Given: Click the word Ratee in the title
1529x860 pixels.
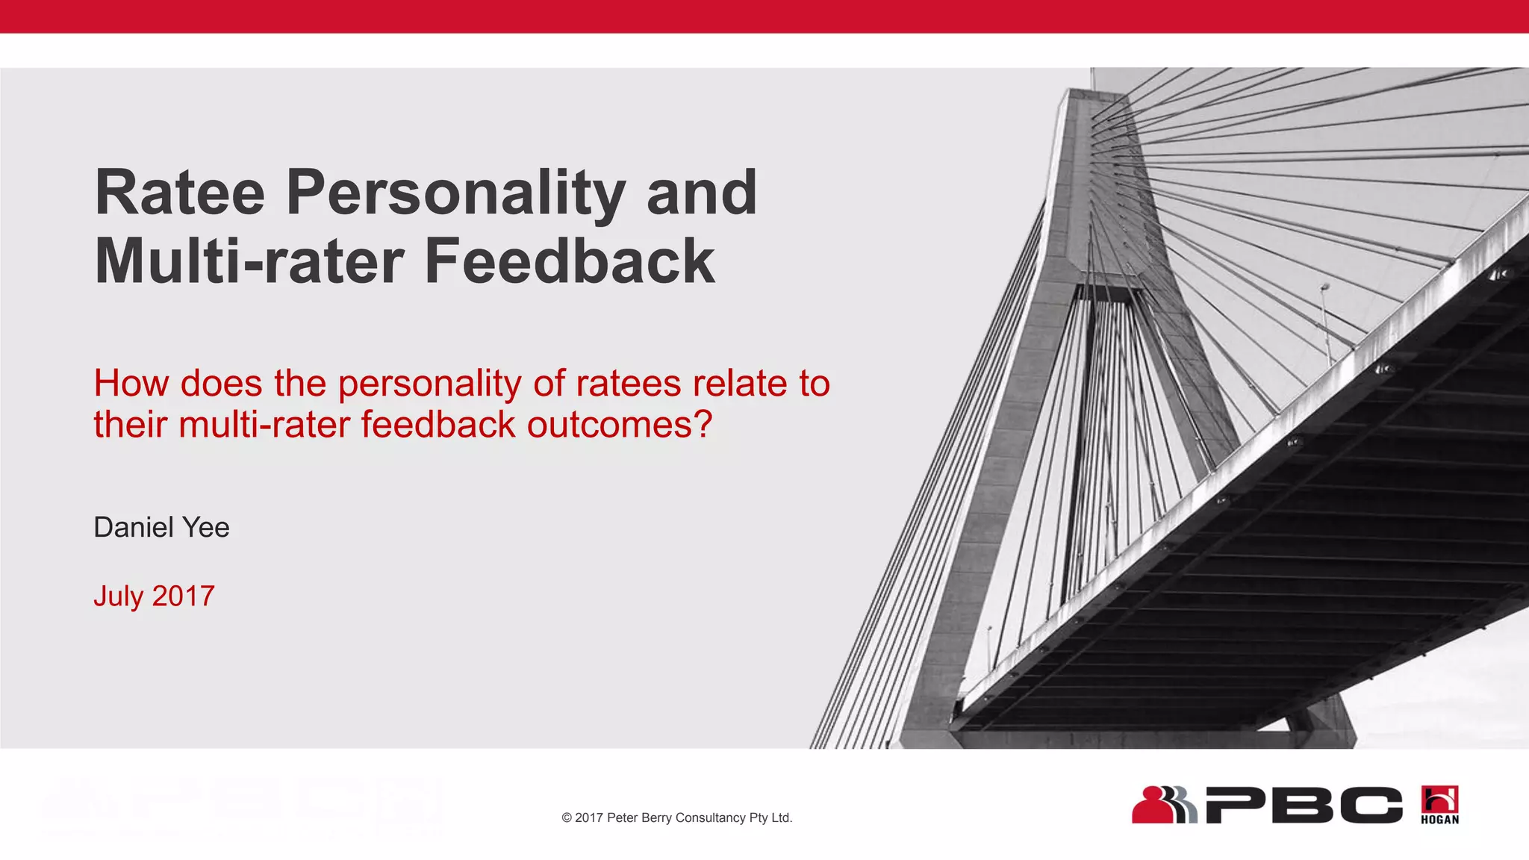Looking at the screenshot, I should click(x=180, y=193).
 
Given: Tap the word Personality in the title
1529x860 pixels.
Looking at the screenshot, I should click(x=455, y=194).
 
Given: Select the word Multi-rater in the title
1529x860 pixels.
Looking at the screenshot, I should click(x=249, y=261).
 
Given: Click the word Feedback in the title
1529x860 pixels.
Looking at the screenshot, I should click(x=570, y=261).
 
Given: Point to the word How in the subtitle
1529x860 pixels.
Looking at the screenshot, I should click(x=131, y=384).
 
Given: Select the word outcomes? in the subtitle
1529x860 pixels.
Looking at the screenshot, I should click(x=620, y=425).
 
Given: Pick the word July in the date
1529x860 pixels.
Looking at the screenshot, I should click(x=118, y=596).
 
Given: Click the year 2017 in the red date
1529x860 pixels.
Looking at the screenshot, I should click(x=184, y=596).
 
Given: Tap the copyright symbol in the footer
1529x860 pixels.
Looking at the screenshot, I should click(x=567, y=818).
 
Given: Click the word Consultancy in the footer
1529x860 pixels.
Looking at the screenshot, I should click(x=721, y=818).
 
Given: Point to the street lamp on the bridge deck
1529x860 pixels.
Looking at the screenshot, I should click(x=1325, y=287).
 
